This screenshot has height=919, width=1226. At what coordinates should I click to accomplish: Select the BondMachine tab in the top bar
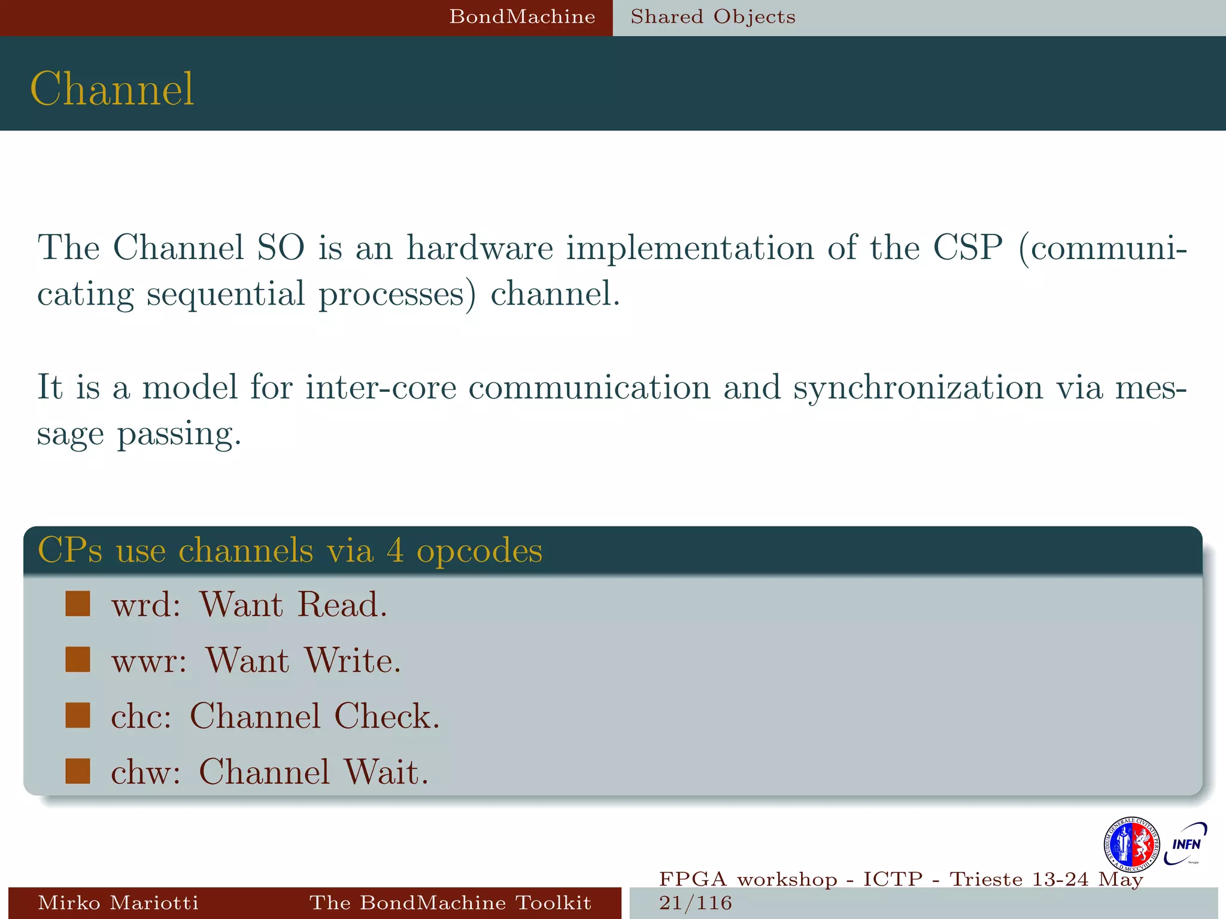pyautogui.click(x=522, y=17)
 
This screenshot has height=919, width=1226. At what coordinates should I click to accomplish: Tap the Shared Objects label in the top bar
pyautogui.click(x=713, y=17)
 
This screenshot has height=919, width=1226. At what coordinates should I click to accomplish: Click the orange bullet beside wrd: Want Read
pyautogui.click(x=78, y=604)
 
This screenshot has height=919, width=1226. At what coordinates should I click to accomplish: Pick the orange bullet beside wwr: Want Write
pyautogui.click(x=78, y=659)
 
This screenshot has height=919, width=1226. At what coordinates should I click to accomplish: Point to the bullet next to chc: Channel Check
pyautogui.click(x=78, y=715)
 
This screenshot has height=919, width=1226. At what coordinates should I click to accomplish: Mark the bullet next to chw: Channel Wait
pyautogui.click(x=78, y=771)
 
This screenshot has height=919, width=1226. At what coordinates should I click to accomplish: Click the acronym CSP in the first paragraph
pyautogui.click(x=967, y=247)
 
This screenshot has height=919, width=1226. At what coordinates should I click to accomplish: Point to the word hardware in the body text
pyautogui.click(x=480, y=247)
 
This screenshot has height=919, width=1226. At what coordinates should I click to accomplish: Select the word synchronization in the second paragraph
pyautogui.click(x=918, y=388)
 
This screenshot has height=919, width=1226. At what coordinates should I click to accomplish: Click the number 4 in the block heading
pyautogui.click(x=395, y=550)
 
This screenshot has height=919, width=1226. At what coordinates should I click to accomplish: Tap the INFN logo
pyautogui.click(x=1185, y=844)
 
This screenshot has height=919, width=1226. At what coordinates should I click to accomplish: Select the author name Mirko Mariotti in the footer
pyautogui.click(x=118, y=902)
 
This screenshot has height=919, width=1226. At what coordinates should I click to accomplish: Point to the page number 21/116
pyautogui.click(x=696, y=902)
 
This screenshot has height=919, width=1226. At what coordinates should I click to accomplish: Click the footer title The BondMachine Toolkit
pyautogui.click(x=450, y=902)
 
